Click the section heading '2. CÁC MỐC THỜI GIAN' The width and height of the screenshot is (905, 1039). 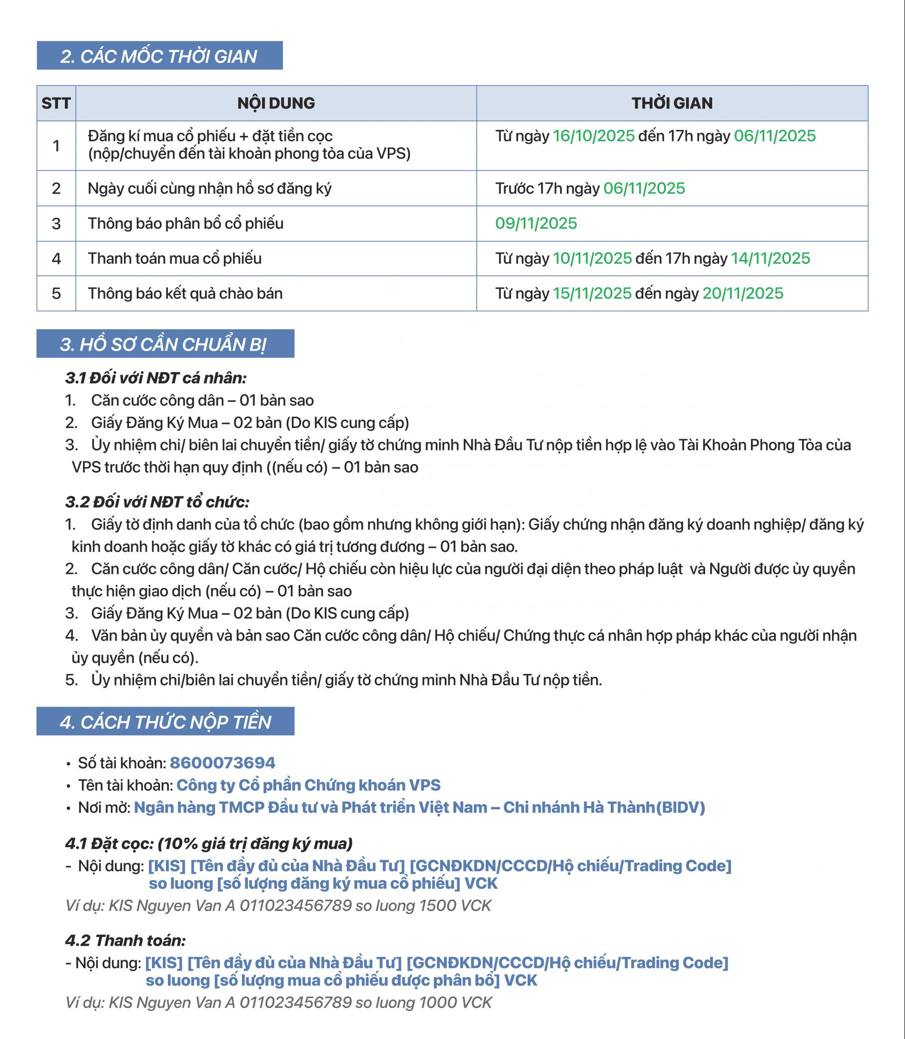158,56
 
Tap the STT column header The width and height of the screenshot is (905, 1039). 56,103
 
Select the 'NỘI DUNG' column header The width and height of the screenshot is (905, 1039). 276,103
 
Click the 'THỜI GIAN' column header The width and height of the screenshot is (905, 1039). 672,103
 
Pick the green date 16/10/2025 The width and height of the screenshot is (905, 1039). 593,136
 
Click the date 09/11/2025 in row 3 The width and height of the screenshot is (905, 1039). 536,223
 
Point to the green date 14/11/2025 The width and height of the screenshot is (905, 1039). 770,258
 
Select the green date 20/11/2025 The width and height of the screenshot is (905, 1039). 743,293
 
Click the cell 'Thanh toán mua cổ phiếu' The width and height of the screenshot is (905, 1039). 175,258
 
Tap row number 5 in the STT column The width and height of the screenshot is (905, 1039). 56,293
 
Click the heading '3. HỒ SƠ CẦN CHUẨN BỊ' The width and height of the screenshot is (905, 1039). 163,344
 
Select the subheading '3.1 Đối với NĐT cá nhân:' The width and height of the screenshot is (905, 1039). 155,378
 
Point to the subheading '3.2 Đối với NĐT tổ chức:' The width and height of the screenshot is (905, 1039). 157,502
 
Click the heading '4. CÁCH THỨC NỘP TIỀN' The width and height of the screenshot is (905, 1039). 165,722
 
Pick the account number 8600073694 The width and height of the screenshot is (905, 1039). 222,763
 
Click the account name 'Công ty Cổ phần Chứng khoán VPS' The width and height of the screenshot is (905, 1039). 308,785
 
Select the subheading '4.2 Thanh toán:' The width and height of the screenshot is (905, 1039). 125,941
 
